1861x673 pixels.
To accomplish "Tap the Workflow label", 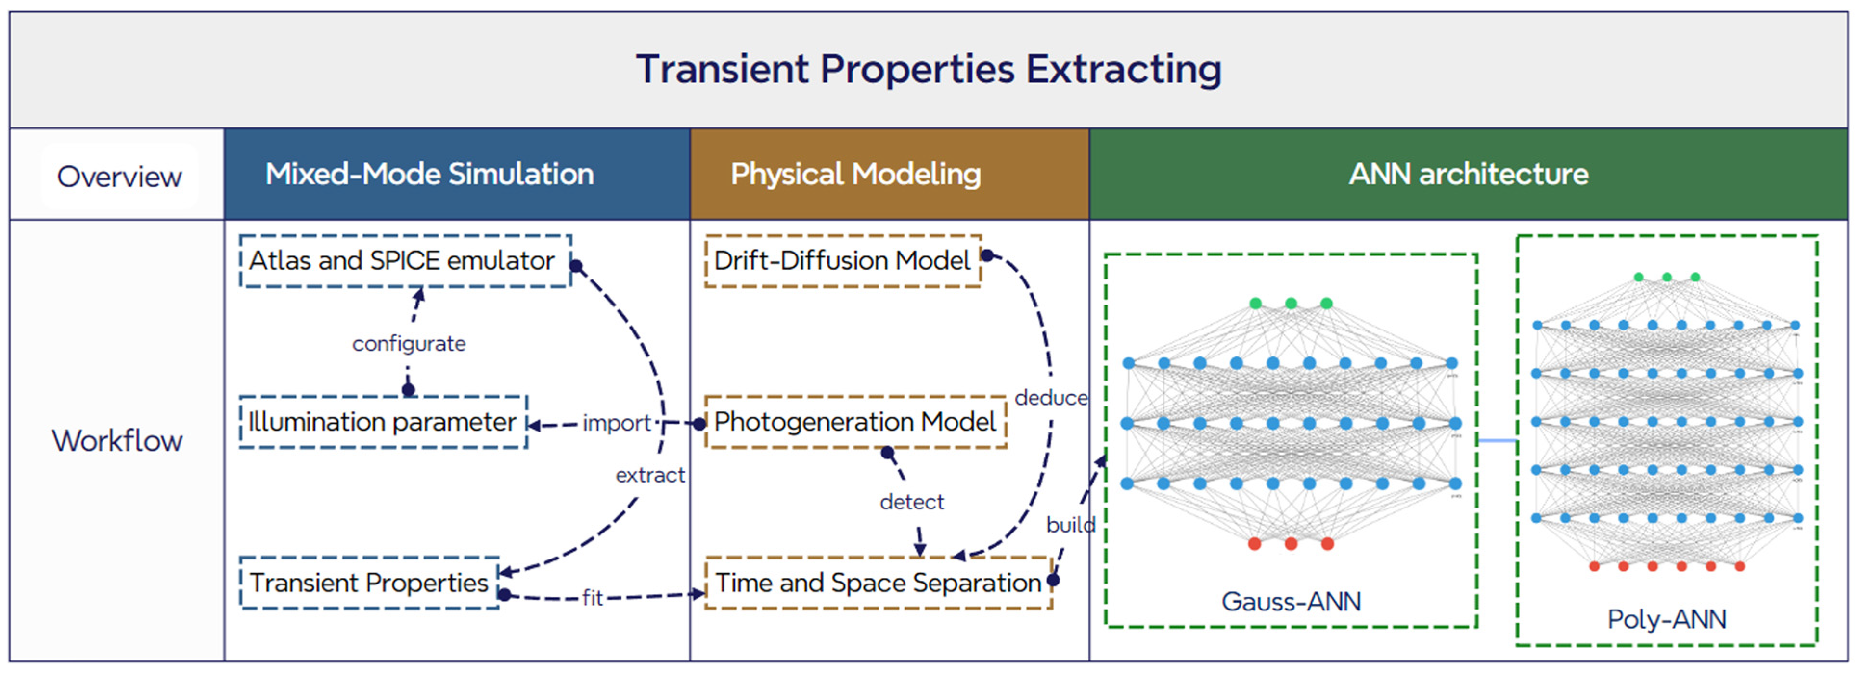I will (117, 441).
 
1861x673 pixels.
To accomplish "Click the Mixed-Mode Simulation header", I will (429, 174).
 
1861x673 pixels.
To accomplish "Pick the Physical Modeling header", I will (855, 174).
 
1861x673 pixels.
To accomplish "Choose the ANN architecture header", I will (1468, 174).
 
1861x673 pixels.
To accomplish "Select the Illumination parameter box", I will (383, 422).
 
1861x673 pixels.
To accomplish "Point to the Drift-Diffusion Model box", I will (842, 261).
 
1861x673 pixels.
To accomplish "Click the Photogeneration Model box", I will (855, 422).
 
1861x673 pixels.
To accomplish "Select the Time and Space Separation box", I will (878, 583).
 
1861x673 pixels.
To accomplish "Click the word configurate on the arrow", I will (409, 344).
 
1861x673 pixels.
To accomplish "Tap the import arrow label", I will (616, 423).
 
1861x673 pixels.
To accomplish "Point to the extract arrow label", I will (649, 475).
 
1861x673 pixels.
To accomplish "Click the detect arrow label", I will (912, 502).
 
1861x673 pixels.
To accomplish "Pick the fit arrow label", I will (593, 598).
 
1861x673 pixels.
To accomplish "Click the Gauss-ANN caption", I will (1291, 601).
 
